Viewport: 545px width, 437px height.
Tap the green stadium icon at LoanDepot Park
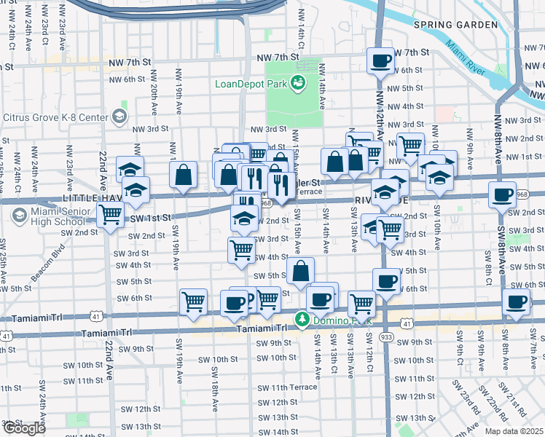click(298, 83)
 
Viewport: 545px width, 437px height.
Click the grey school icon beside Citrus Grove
click(119, 117)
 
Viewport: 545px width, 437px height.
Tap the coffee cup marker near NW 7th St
click(380, 61)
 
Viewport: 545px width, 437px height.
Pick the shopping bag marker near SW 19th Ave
click(183, 174)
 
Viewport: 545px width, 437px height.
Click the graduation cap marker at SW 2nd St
click(244, 218)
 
